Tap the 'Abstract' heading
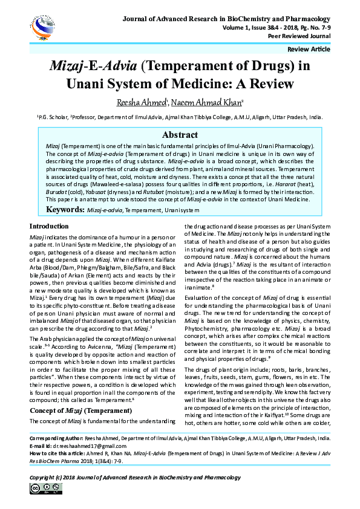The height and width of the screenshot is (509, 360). pyautogui.click(x=180, y=135)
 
